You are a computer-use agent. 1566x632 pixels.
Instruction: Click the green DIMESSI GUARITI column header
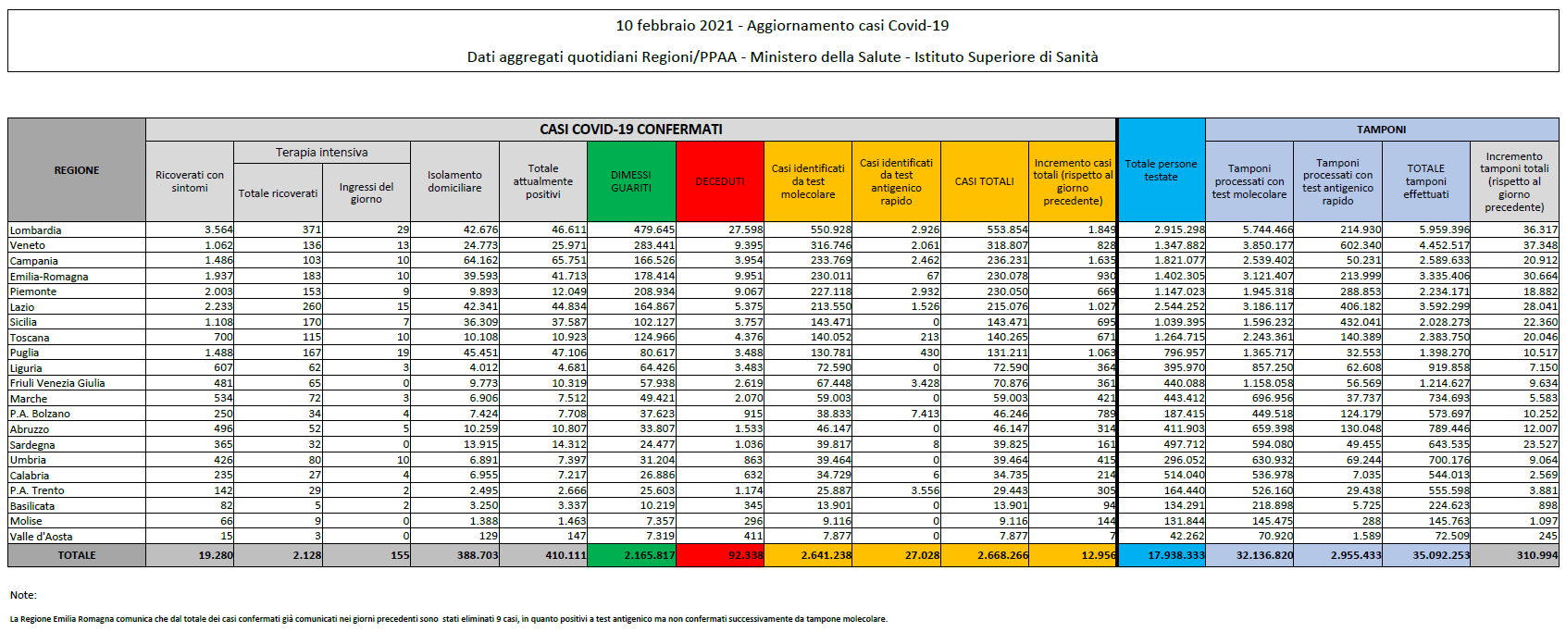[x=631, y=181]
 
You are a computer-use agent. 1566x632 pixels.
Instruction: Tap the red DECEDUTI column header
[x=720, y=181]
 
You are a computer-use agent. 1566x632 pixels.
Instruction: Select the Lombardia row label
[x=36, y=230]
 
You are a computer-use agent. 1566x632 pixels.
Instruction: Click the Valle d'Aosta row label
[x=41, y=537]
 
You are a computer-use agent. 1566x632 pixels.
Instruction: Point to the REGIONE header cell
[x=77, y=170]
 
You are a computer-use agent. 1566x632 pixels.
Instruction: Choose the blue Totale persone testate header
[x=1161, y=170]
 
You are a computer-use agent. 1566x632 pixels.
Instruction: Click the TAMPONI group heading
[x=1381, y=130]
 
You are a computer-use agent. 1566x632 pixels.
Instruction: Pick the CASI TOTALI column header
[x=985, y=181]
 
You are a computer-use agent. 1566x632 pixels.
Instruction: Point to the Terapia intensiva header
[x=321, y=152]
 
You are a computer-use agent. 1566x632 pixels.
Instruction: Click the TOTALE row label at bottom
[x=77, y=555]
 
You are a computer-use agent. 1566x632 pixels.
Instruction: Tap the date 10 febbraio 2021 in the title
[x=675, y=26]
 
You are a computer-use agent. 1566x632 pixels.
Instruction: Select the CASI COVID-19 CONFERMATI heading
[x=631, y=130]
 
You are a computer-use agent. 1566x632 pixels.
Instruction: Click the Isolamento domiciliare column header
[x=454, y=181]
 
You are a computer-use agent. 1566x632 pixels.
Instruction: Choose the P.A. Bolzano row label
[x=40, y=414]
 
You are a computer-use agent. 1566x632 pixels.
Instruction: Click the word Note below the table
[x=22, y=595]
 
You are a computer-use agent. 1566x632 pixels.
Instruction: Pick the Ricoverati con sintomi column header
[x=190, y=181]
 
